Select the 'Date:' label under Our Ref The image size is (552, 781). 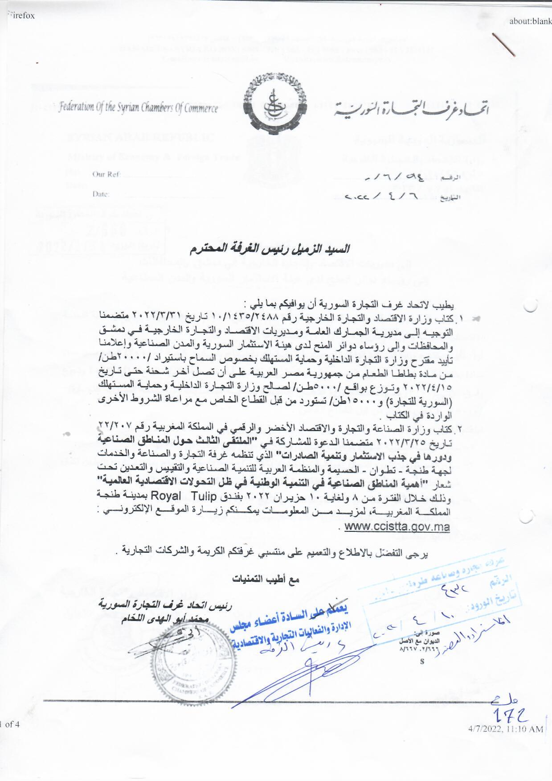click(x=101, y=194)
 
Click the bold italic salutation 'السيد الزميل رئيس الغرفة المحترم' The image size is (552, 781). click(x=276, y=248)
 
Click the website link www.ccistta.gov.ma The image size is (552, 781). click(x=397, y=527)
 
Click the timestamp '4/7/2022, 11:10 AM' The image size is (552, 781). click(x=505, y=729)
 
